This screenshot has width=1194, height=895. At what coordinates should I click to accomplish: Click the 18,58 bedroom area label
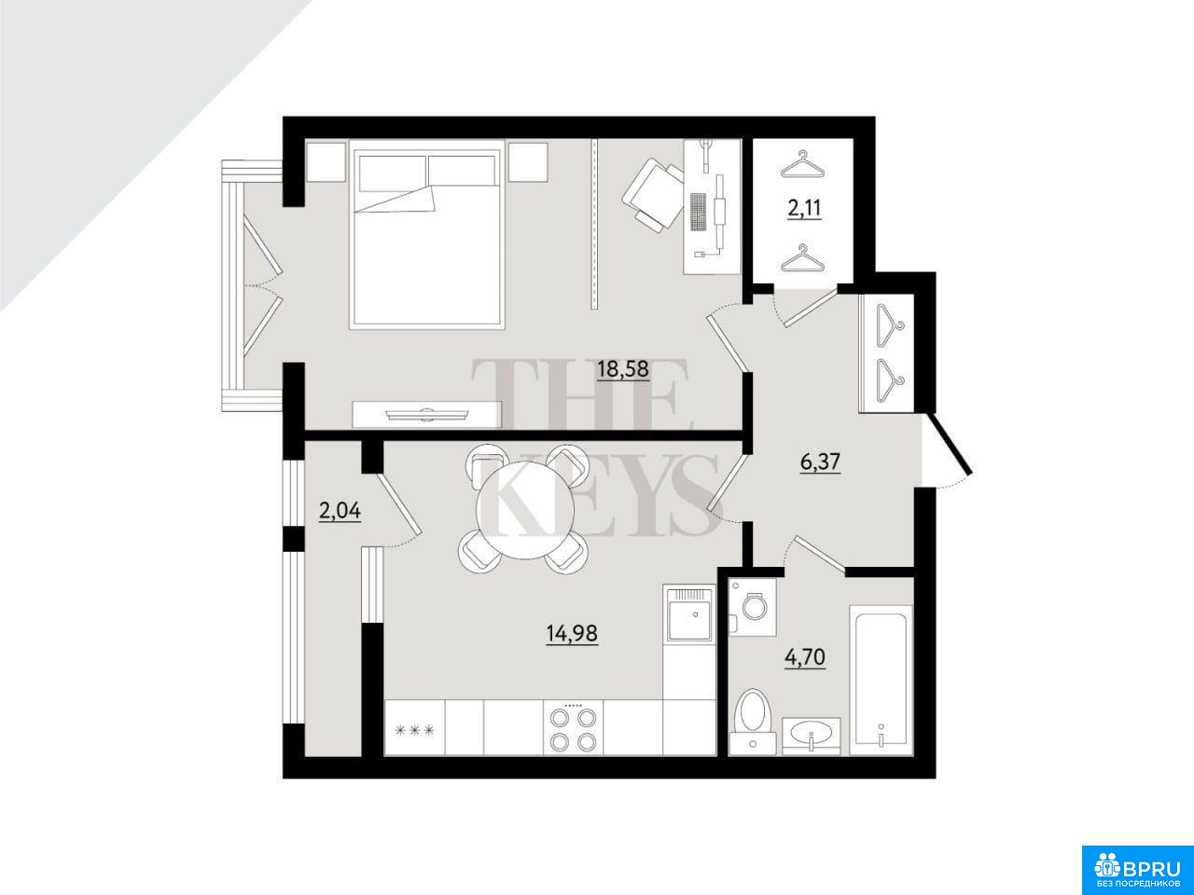[x=623, y=369]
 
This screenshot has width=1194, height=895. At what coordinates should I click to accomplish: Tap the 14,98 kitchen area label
[x=572, y=634]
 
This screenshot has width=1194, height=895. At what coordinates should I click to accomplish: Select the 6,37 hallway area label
[x=820, y=462]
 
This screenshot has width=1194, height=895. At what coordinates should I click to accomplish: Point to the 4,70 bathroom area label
[x=804, y=658]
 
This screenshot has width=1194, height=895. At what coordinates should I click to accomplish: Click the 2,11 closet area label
[x=804, y=208]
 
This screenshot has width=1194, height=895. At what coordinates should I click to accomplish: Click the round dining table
[x=525, y=510]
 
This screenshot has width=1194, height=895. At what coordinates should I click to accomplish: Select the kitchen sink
[x=689, y=615]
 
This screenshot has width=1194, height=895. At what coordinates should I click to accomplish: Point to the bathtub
[x=881, y=680]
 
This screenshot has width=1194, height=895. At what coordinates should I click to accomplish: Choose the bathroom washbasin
[x=811, y=736]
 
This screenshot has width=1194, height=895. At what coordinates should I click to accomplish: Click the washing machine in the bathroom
[x=753, y=607]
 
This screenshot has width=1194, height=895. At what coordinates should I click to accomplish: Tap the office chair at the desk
[x=653, y=195]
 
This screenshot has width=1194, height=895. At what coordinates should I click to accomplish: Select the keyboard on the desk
[x=698, y=212]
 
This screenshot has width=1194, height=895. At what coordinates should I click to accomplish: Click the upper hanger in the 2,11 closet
[x=802, y=165]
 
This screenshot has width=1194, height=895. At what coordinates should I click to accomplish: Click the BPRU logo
[x=1137, y=870]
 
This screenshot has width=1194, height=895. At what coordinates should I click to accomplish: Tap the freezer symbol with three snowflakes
[x=414, y=730]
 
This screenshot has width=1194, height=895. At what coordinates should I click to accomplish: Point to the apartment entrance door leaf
[x=950, y=444]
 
